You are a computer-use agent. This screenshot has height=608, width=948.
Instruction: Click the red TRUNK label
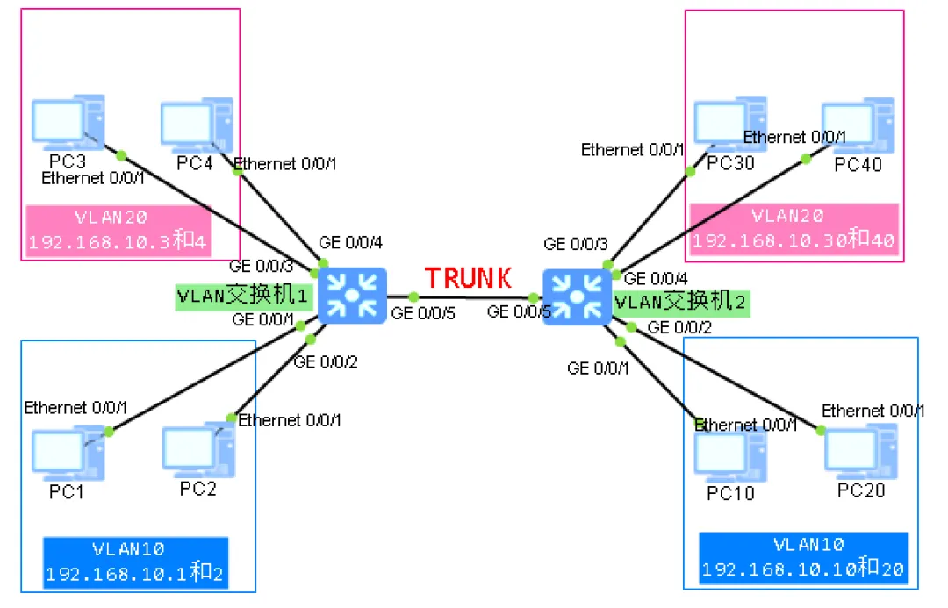coord(469,278)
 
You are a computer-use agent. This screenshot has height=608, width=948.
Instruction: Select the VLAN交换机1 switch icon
coord(352,297)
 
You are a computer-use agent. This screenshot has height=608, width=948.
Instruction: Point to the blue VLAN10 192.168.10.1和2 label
coord(135,562)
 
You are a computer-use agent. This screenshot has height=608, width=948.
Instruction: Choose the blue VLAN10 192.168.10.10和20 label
coord(802,559)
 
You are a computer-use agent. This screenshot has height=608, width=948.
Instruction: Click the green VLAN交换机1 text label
coord(243,296)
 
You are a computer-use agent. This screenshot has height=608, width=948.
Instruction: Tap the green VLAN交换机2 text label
coord(682,302)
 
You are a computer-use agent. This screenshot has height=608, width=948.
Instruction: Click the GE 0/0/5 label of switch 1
coord(423,312)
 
